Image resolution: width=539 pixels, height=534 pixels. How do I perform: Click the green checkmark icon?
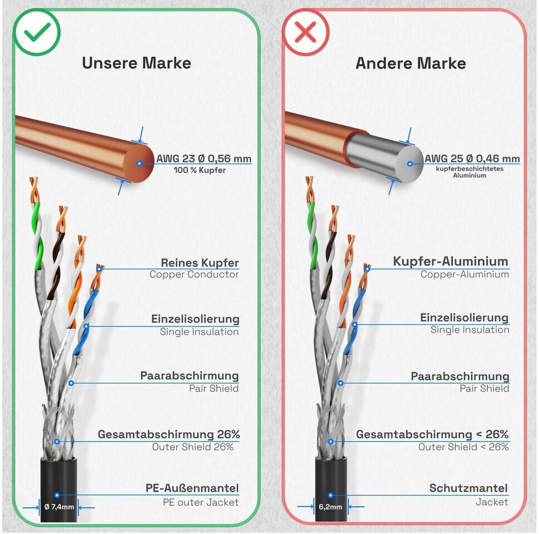37,32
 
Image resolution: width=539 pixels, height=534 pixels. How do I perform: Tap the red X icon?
305,32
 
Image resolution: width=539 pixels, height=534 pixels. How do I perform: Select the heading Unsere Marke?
136,63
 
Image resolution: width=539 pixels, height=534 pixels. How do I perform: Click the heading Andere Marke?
411,63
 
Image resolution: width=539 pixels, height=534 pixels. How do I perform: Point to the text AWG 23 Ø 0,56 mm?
204,159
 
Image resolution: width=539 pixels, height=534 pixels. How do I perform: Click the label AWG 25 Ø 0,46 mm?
472,159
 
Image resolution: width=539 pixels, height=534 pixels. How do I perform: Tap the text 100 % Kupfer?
200,170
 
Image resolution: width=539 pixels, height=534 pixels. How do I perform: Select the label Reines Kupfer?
199,263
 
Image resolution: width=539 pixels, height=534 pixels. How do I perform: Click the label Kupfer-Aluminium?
450,261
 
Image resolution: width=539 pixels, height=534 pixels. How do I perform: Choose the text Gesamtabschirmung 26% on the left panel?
169,434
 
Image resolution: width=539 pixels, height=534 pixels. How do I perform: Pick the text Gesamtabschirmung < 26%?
432,434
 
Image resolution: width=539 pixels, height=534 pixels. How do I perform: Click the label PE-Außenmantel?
192,489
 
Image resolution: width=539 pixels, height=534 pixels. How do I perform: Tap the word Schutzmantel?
468,488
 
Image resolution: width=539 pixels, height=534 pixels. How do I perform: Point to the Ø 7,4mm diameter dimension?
58,507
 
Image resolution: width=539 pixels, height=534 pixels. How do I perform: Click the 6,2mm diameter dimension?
330,507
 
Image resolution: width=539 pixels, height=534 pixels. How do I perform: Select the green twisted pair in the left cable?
37,234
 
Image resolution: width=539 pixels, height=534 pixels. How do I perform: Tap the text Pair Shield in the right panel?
484,388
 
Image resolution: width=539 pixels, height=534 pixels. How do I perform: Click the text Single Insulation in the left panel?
199,332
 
